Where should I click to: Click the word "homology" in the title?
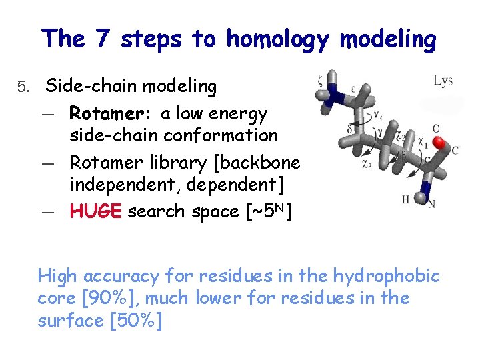tap(279, 39)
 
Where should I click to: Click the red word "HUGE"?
tap(95, 211)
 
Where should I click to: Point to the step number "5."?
tap(25, 87)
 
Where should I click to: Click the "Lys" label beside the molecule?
tap(443, 81)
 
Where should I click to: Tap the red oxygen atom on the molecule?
tap(440, 143)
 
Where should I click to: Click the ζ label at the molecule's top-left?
tap(321, 81)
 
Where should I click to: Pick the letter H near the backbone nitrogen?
tap(405, 199)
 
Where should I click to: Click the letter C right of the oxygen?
tap(455, 150)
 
